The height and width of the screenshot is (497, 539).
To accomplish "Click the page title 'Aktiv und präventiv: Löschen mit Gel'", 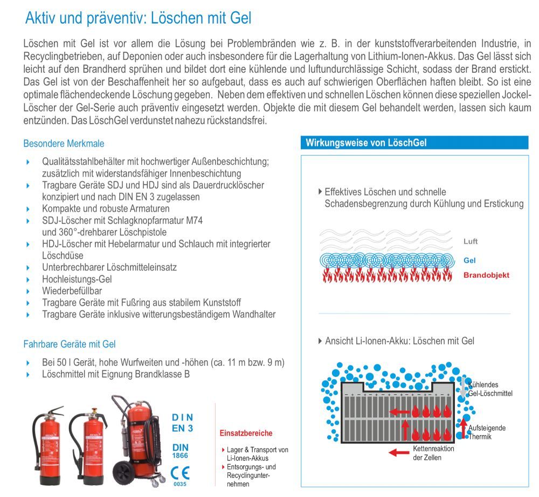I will coord(138,18).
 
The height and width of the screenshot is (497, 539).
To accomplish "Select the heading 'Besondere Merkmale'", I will coord(64,144).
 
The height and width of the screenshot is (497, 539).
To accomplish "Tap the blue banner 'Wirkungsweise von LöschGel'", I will coord(366,143).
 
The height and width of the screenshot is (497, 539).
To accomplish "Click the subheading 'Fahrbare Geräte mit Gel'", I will coord(69,344).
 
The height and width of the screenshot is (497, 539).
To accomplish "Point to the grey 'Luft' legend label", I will coord(470,242).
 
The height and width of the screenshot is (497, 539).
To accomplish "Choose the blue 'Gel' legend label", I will coord(469,260).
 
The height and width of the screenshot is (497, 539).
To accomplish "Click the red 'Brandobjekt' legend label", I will coord(486,275).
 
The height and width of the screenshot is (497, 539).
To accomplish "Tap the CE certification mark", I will coord(179,474).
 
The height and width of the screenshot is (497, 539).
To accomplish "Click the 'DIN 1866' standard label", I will coord(180,451).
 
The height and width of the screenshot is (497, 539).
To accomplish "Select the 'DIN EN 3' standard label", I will coord(182,423).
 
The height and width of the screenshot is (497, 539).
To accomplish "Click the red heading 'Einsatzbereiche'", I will coord(246,433).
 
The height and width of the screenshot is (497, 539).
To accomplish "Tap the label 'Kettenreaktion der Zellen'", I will coord(433,453).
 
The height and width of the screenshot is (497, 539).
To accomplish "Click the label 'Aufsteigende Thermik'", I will coord(487,432).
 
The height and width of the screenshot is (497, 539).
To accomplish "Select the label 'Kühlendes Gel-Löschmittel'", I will coord(490,389).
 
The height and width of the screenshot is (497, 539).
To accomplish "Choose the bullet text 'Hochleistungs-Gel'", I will coord(77,278).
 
